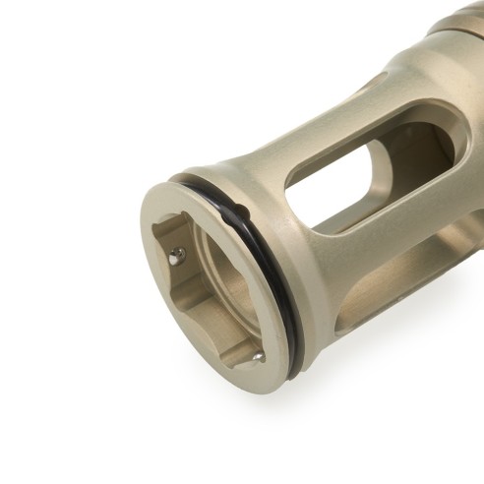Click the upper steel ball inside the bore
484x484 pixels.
pyautogui.click(x=176, y=255)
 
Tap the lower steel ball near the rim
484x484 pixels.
pyautogui.click(x=256, y=358)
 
